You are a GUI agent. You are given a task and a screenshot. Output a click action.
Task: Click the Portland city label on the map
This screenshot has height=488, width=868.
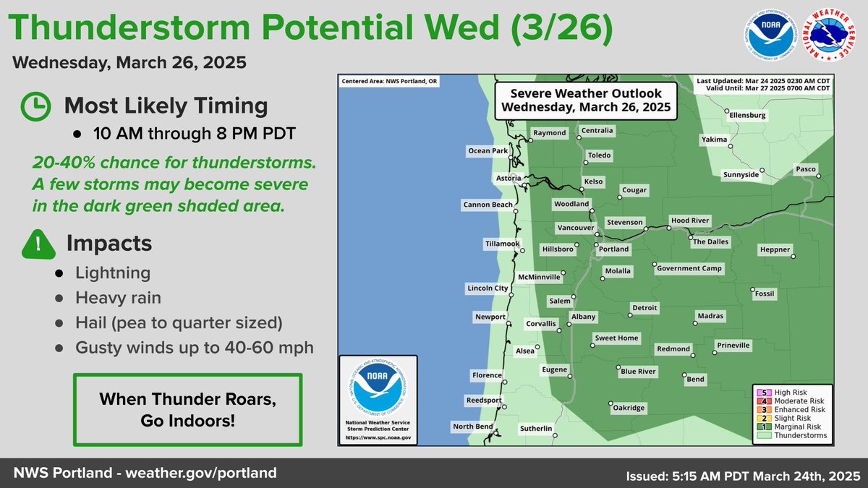coord(613,249)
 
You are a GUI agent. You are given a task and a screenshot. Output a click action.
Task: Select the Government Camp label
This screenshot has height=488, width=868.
coord(689,268)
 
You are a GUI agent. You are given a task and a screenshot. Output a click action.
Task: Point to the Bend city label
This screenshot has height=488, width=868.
coord(695,379)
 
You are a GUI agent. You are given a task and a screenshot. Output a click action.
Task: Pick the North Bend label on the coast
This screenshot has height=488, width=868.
coord(473,427)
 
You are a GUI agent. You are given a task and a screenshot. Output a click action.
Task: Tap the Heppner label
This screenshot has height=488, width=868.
coord(775,250)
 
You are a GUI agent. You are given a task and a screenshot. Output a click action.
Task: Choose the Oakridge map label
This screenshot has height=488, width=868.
coord(628,408)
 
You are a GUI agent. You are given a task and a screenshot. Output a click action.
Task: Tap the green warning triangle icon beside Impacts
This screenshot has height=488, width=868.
coord(38,244)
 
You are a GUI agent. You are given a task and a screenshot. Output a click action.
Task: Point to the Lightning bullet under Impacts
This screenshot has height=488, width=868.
coord(113,273)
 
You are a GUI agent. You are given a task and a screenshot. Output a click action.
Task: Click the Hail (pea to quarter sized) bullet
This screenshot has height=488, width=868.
coord(179,322)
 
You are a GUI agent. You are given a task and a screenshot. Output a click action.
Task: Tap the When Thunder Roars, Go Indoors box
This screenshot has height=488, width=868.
coord(187,409)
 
